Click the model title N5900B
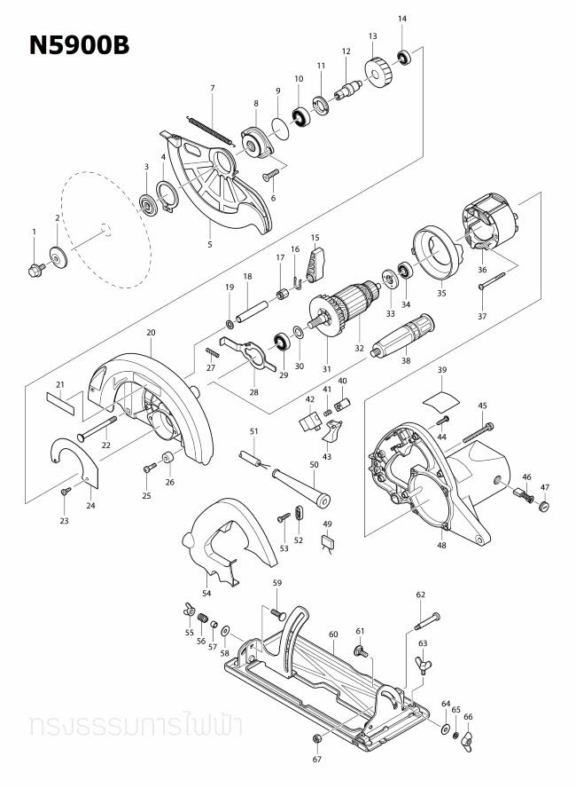point(79,46)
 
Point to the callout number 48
point(441,545)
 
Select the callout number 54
point(206,592)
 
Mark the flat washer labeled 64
point(443,728)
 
